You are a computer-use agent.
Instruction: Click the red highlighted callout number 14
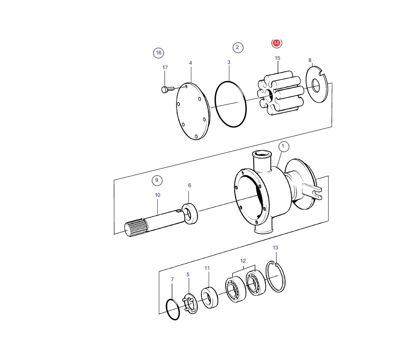pyautogui.click(x=276, y=43)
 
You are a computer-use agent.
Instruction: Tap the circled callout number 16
pyautogui.click(x=159, y=53)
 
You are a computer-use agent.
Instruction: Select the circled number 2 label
pyautogui.click(x=237, y=47)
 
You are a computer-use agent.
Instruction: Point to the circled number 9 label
pyautogui.click(x=157, y=180)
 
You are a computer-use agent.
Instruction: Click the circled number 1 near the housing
pyautogui.click(x=283, y=146)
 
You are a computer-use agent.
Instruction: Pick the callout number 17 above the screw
pyautogui.click(x=165, y=67)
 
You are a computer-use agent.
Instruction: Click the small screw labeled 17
pyautogui.click(x=168, y=89)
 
